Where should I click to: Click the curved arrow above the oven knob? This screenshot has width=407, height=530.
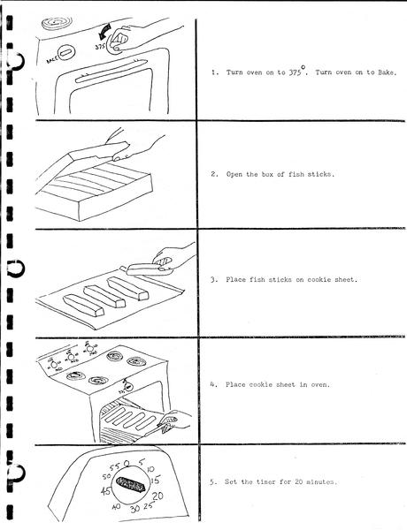(103, 32)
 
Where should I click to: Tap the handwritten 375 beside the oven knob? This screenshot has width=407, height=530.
(100, 47)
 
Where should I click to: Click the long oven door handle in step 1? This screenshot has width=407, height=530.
(111, 72)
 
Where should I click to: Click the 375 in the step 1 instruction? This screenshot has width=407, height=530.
(295, 72)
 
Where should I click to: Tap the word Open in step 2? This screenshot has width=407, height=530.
(234, 174)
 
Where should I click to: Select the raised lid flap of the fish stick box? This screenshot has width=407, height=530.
(99, 152)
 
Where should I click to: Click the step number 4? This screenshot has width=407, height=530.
(212, 384)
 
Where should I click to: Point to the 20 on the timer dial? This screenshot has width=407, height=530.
(157, 496)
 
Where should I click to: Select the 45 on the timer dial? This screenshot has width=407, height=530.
(105, 491)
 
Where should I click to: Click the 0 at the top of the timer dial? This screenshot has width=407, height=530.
(127, 463)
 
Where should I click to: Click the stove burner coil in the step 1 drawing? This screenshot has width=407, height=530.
(57, 24)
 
